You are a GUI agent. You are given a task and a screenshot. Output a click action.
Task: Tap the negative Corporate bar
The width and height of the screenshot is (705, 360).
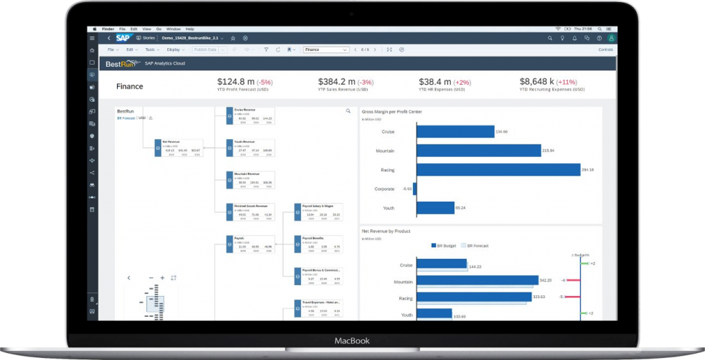pyautogui.click(x=414, y=189)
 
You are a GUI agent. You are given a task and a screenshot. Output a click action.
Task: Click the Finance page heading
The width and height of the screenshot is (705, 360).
pyautogui.click(x=129, y=87)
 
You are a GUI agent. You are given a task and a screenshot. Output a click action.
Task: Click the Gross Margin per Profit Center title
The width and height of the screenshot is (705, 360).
pyautogui.click(x=392, y=112)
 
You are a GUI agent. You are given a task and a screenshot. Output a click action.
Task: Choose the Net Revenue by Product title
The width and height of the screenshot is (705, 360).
pyautogui.click(x=388, y=231)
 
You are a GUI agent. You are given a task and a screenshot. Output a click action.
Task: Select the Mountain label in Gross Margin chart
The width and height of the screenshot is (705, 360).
pyautogui.click(x=385, y=150)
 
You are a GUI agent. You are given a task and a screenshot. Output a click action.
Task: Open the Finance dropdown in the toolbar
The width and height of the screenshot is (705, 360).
pyautogui.click(x=326, y=50)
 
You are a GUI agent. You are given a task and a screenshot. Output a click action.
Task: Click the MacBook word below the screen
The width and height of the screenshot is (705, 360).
pyautogui.click(x=352, y=341)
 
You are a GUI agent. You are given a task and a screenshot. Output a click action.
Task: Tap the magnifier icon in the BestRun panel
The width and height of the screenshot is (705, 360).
pyautogui.click(x=348, y=111)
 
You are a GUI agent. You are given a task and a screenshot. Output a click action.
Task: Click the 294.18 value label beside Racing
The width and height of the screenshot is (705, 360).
pyautogui.click(x=587, y=169)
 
